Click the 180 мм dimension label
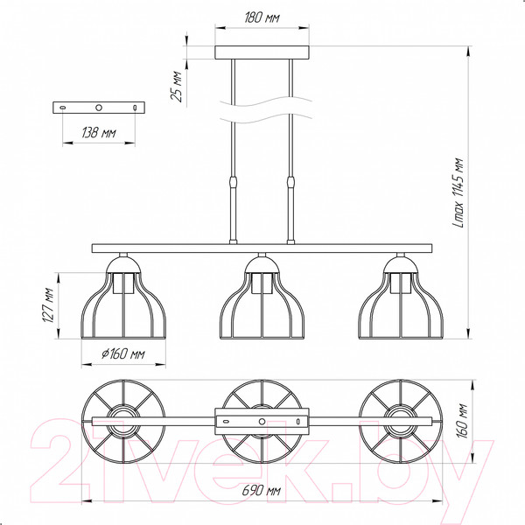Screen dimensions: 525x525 point(262,17)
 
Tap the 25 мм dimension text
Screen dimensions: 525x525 point(177,86)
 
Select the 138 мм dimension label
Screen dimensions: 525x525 point(99,133)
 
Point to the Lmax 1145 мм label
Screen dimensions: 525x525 point(458,192)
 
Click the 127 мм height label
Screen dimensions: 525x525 point(48,305)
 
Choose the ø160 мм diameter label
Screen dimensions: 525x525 point(123,353)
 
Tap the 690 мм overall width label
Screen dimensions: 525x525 point(261,491)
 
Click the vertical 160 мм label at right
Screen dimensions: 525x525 point(462,421)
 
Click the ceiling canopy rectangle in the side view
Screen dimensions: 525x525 point(262,52)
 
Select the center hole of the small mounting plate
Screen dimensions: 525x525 point(99,108)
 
